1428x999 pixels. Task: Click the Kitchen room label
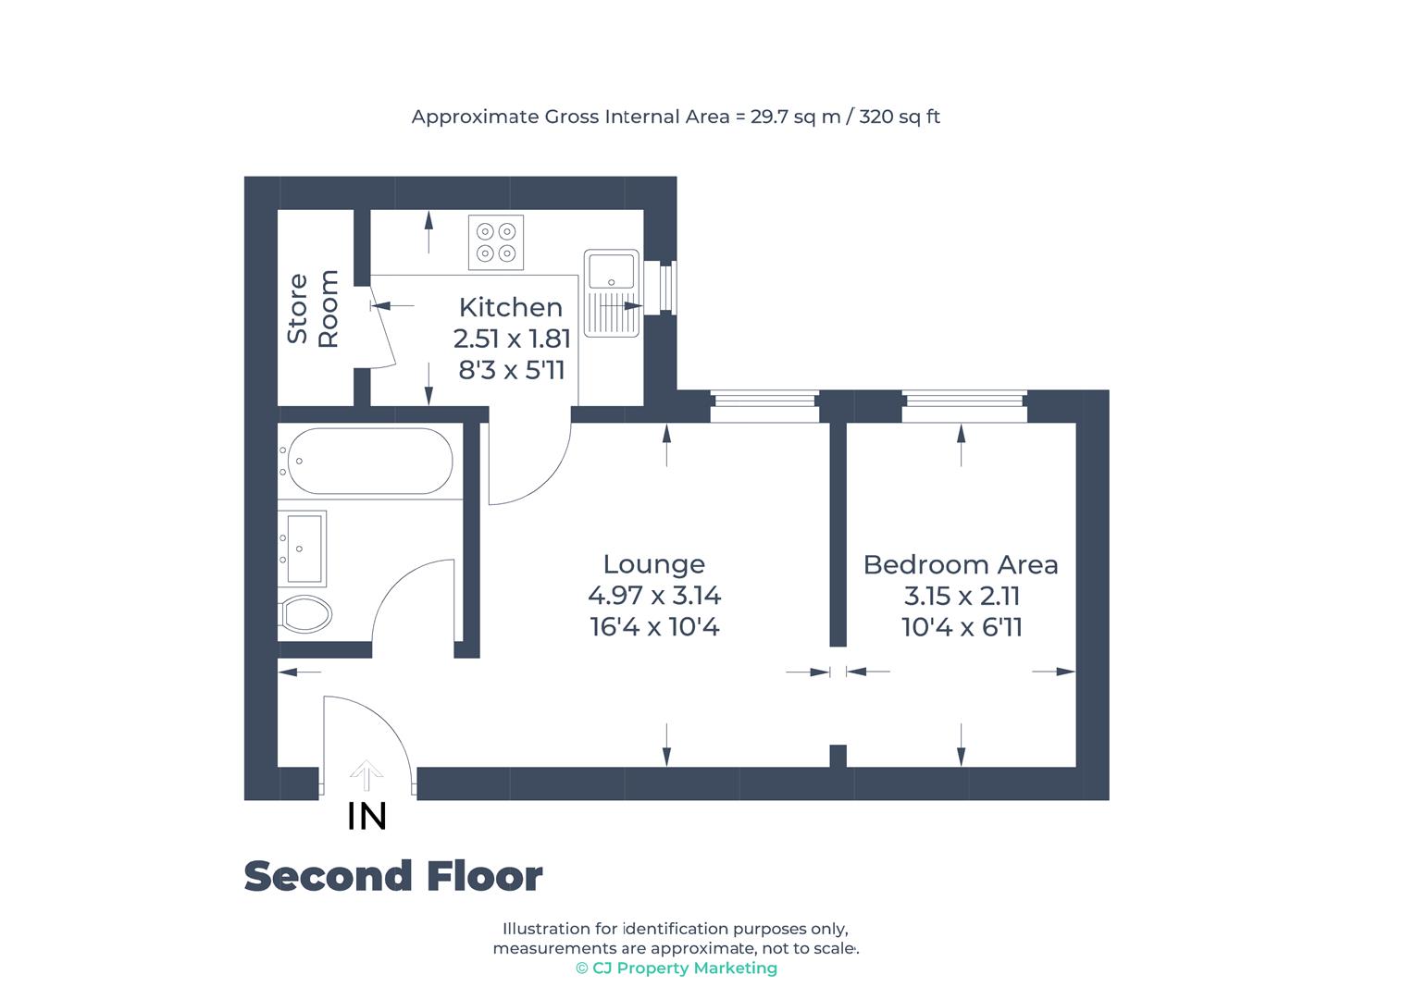point(510,307)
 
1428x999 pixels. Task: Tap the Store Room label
point(313,309)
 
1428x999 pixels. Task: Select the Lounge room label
point(653,564)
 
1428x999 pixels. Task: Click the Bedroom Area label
point(960,564)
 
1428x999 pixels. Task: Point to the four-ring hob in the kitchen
point(495,242)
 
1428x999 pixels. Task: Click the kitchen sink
point(611,291)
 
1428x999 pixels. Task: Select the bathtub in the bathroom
point(369,461)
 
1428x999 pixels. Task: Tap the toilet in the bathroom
point(305,613)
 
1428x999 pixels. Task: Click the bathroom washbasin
point(302,549)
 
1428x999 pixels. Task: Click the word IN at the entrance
point(366,816)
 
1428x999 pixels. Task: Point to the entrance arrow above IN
point(366,775)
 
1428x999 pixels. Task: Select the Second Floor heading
point(392,876)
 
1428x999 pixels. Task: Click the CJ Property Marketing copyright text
point(676,968)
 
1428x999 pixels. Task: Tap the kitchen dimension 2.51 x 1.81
point(512,339)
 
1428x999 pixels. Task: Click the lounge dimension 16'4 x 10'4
point(654,627)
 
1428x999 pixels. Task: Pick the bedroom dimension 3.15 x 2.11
point(962,596)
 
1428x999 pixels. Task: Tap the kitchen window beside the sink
point(666,287)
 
